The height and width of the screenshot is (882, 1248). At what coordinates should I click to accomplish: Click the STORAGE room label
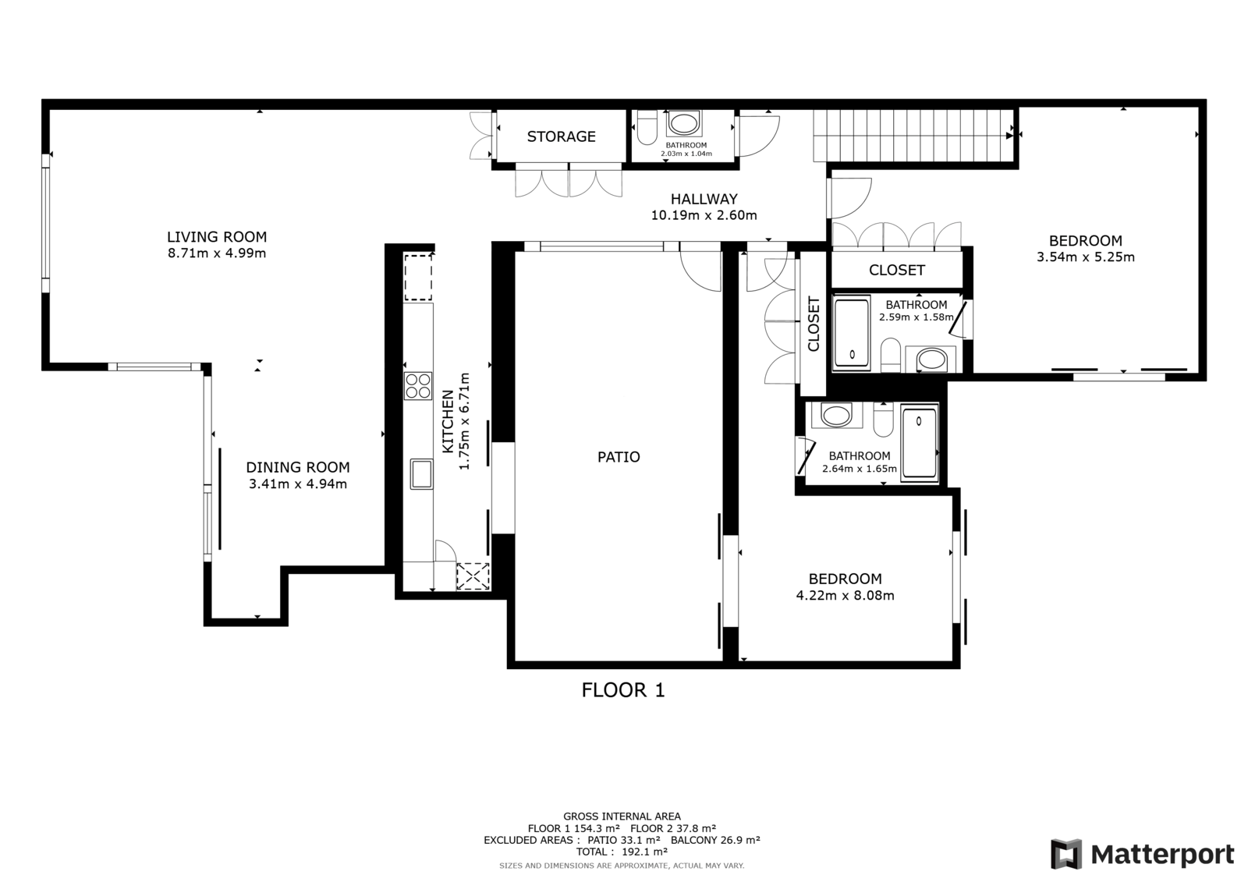click(561, 136)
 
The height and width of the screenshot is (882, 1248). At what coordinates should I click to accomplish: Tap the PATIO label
click(619, 457)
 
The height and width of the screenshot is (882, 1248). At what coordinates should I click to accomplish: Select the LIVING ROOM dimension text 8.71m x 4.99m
click(217, 253)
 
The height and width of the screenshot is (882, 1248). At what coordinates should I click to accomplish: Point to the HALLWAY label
click(704, 199)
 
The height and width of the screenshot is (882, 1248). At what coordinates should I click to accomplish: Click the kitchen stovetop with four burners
click(418, 385)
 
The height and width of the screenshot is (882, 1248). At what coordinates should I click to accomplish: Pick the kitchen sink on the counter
click(421, 473)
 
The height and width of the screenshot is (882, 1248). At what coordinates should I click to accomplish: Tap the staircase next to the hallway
click(913, 136)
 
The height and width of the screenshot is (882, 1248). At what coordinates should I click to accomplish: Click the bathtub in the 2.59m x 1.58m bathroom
click(851, 333)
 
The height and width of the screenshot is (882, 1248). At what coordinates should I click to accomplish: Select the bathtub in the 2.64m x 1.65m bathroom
click(920, 443)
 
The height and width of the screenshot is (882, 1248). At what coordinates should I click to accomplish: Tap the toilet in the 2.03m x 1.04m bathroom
click(647, 128)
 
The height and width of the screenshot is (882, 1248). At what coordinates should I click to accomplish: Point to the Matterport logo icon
click(1066, 854)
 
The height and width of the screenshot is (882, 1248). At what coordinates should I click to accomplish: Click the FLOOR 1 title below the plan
click(623, 690)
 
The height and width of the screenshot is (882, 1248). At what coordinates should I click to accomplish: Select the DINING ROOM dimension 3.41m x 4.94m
click(297, 484)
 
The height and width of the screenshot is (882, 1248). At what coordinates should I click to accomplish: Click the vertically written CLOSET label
click(814, 324)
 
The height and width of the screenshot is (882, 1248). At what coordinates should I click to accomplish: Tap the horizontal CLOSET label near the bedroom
click(896, 271)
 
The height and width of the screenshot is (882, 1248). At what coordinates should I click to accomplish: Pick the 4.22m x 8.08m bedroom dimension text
click(846, 596)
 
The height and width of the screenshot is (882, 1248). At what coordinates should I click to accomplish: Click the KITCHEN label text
click(448, 422)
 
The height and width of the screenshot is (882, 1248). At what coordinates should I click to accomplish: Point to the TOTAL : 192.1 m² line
click(622, 852)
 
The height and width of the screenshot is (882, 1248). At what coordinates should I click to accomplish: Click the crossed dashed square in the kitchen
click(473, 576)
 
